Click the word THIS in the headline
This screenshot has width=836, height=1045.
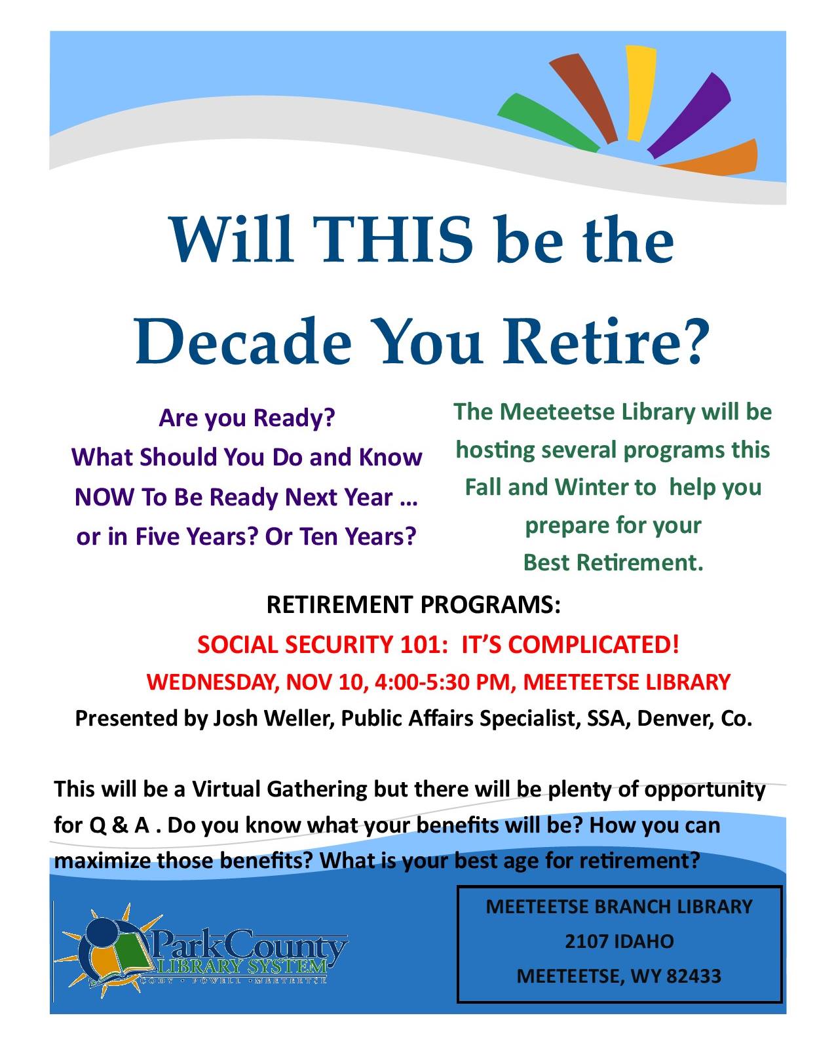(392, 239)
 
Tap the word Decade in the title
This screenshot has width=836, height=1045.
(242, 341)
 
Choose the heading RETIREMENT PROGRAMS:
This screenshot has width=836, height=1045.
(413, 605)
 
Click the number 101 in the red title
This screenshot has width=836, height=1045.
(424, 645)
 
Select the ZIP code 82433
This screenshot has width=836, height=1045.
(694, 977)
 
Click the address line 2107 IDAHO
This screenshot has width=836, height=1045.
(620, 941)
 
